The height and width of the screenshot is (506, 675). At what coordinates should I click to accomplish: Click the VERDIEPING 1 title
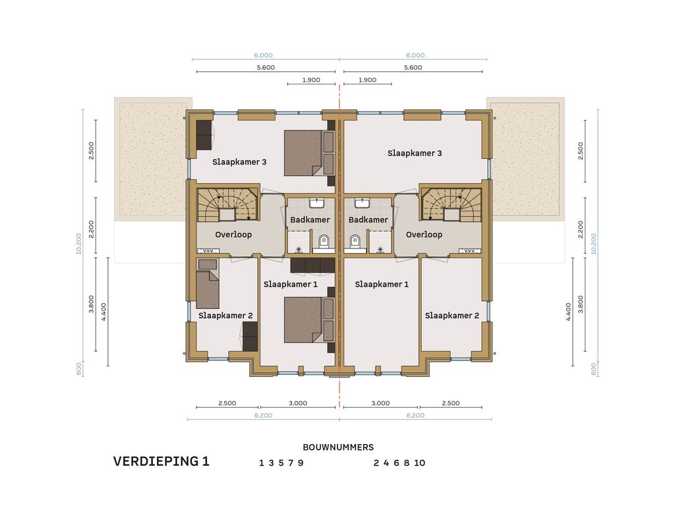tap(161, 461)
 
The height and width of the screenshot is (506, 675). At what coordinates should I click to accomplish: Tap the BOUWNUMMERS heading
tap(338, 447)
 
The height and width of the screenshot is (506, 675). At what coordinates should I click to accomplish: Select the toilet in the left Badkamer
tap(323, 242)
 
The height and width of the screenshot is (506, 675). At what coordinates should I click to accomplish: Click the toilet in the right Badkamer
tap(355, 242)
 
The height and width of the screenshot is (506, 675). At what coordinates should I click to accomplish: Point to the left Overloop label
tap(233, 235)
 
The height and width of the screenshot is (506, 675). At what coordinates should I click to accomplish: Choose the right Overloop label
tap(424, 235)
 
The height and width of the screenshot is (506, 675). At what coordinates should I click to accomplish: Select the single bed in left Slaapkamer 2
tap(208, 283)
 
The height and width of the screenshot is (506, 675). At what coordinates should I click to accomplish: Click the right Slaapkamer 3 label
tap(415, 153)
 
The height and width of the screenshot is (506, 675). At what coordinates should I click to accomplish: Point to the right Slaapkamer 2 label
tap(452, 316)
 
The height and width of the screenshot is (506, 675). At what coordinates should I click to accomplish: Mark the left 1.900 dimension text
tap(311, 80)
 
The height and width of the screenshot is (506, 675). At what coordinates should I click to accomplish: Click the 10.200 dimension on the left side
tap(79, 244)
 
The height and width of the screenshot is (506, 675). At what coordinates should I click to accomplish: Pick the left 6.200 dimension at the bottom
tap(264, 415)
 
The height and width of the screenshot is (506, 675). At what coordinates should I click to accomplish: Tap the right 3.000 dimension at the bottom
tap(380, 403)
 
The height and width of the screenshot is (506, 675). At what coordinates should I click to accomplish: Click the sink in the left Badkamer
tap(316, 203)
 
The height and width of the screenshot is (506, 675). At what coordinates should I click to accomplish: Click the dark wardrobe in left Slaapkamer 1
tap(313, 266)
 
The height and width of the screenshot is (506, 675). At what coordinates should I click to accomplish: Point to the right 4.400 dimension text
tap(568, 312)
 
